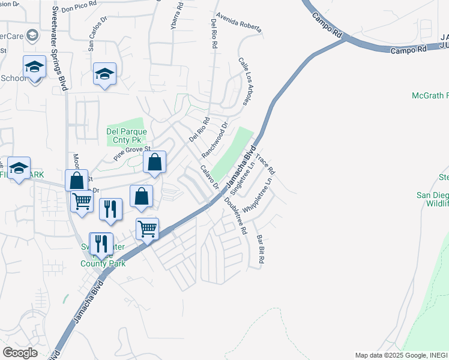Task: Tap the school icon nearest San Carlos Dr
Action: [x=104, y=74]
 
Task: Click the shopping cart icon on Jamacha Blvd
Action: [x=147, y=229]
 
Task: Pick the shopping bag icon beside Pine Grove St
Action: [x=155, y=161]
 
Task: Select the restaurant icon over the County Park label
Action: [x=100, y=244]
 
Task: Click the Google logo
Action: [x=20, y=353]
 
